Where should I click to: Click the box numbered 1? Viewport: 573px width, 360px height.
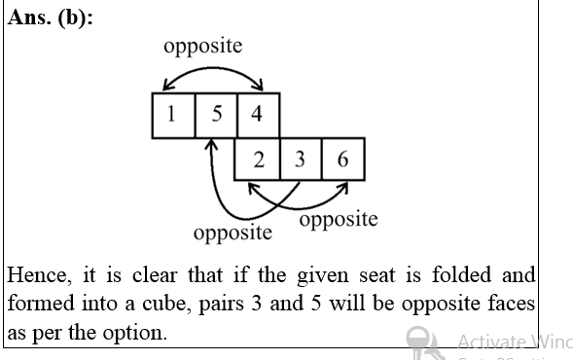(x=172, y=115)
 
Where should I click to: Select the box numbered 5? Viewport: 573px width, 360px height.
(x=215, y=115)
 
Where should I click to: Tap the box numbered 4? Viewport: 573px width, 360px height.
(x=257, y=115)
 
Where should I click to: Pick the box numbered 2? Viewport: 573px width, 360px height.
(x=258, y=160)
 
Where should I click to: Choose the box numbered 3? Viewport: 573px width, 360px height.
(x=300, y=160)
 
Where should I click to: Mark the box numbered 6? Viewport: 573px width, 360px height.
(x=342, y=160)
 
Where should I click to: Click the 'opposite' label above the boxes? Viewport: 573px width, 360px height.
(x=203, y=46)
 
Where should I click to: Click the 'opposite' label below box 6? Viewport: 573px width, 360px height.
(x=339, y=219)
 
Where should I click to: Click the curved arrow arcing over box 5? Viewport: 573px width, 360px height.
(x=215, y=71)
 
